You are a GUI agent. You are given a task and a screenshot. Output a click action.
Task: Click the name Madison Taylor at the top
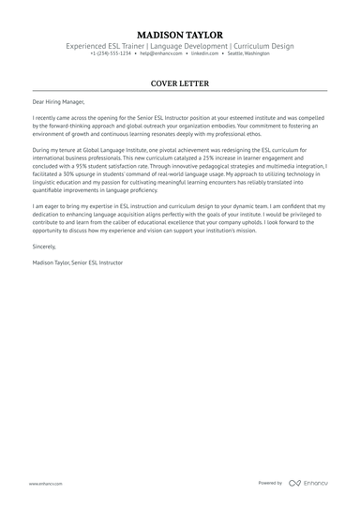(x=180, y=35)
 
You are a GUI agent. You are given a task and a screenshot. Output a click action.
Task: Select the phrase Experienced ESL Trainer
(x=104, y=46)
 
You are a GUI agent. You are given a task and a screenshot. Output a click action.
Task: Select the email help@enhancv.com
(x=161, y=53)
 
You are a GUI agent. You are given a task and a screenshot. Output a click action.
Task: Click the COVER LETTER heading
(x=180, y=83)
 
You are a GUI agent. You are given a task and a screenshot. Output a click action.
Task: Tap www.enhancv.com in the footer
(x=45, y=484)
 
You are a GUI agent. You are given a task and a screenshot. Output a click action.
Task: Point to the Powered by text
(x=270, y=483)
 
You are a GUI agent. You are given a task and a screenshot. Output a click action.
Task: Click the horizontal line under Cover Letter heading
(x=180, y=91)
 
